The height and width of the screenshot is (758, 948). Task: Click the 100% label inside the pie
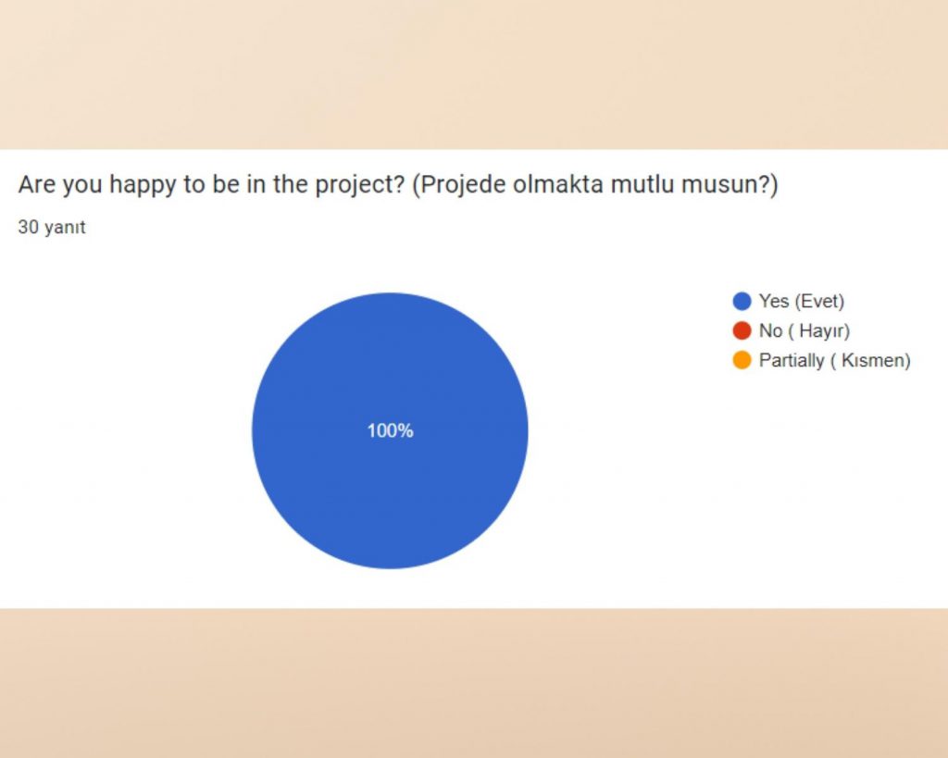(x=390, y=430)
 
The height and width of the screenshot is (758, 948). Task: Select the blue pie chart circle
(x=390, y=500)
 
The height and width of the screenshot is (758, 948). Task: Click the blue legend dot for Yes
(x=742, y=301)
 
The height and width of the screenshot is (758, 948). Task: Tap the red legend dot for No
(x=742, y=330)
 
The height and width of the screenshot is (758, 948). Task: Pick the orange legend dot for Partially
(x=742, y=360)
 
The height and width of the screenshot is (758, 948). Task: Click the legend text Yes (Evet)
(x=802, y=301)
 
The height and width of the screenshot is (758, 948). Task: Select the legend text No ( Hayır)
(x=804, y=330)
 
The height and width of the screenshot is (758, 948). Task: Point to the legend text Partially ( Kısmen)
(x=834, y=360)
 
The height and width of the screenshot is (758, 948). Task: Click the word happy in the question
(x=141, y=185)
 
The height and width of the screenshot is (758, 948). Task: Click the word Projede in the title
(x=455, y=185)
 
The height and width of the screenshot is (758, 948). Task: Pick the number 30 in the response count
(x=28, y=227)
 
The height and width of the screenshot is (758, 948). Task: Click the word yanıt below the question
(x=65, y=227)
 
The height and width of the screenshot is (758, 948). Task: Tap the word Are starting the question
(x=36, y=185)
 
